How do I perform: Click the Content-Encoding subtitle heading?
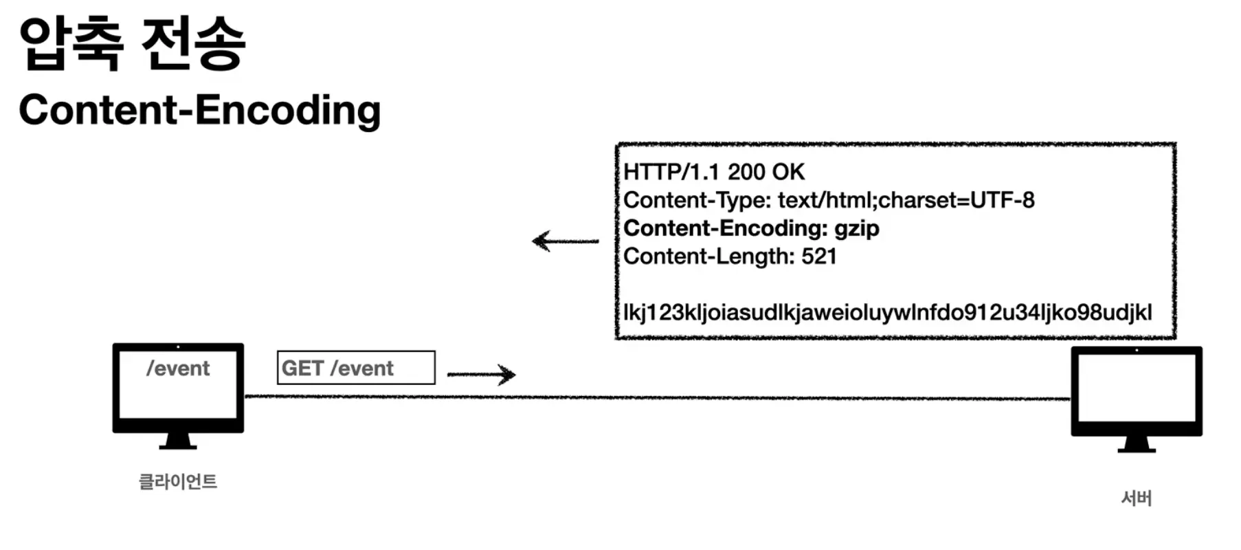coord(199,110)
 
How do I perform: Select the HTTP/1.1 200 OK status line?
coord(713,172)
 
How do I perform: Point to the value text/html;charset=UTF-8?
coord(906,200)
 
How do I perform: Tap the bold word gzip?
coord(856,228)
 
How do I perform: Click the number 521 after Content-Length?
coord(819,256)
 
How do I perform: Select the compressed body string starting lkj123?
coord(886,312)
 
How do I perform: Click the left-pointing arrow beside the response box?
coord(565,241)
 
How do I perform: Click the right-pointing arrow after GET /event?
coord(481,374)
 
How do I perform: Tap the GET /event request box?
coord(356,368)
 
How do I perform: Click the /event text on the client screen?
coord(178,368)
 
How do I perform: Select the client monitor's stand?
coord(178,441)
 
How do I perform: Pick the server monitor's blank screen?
coord(1136,388)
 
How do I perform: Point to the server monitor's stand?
coord(1136,444)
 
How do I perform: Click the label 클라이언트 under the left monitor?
coord(178,481)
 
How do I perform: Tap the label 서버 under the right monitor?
coord(1136,498)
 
